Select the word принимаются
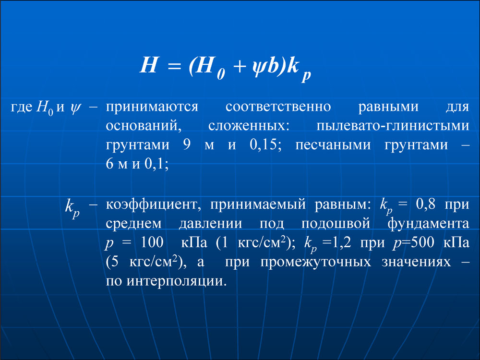click(x=152, y=108)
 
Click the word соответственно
click(x=278, y=107)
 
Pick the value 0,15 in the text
click(x=265, y=144)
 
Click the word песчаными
click(x=333, y=145)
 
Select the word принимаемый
click(x=258, y=205)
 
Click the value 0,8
click(x=425, y=204)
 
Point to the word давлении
click(x=210, y=224)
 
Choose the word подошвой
click(x=336, y=224)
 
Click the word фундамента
click(x=428, y=224)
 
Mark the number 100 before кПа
click(x=152, y=242)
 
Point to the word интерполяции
click(x=177, y=281)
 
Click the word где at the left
click(x=22, y=108)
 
